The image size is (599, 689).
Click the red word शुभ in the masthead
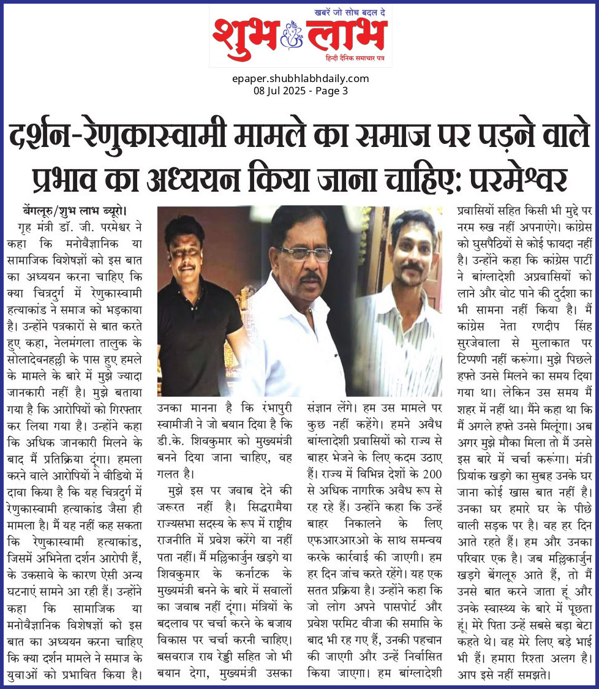coord(245,38)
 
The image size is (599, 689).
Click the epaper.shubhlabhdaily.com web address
coord(300,78)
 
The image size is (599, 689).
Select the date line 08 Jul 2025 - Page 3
coord(300,91)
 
